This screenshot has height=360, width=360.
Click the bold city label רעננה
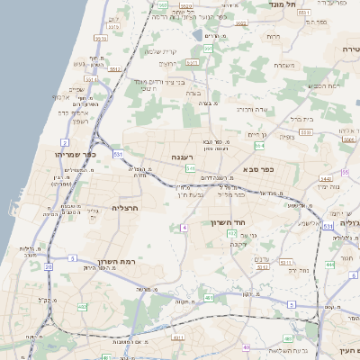click(183, 157)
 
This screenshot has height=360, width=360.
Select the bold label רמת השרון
click(139, 260)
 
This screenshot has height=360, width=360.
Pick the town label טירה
click(350, 48)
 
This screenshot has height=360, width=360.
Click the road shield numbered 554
click(259, 146)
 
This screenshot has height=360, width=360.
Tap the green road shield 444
click(330, 265)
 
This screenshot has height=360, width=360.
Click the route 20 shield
click(47, 267)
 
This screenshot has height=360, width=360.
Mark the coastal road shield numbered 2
click(65, 142)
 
